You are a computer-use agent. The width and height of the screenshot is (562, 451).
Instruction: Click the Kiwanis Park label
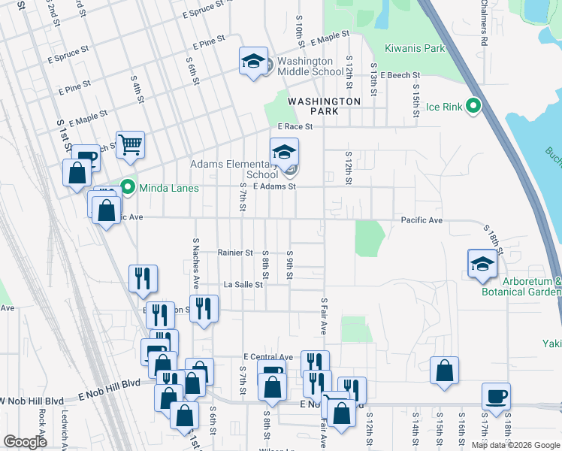pos(415,48)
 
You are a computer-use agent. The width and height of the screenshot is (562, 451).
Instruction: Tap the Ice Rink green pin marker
pos(473,106)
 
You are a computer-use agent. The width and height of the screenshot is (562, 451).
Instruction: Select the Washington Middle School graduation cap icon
pos(254,62)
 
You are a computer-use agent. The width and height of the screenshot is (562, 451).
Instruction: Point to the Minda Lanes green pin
pos(128,187)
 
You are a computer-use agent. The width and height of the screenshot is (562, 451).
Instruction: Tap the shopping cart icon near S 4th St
pos(130,144)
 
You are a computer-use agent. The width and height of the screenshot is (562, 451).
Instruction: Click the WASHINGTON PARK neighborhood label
pos(325,106)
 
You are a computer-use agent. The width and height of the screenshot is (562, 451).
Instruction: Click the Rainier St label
pos(235,253)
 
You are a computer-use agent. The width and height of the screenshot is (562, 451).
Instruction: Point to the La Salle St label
pos(243,285)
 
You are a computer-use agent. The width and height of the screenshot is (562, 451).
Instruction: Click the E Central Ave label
pos(267,356)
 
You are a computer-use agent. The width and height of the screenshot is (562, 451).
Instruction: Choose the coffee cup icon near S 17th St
pos(495,395)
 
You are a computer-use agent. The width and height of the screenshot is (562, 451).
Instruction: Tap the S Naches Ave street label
pos(195,263)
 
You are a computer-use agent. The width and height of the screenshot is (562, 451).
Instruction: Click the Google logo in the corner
pos(25,441)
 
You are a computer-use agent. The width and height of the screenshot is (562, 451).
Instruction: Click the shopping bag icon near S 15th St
pos(445,370)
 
